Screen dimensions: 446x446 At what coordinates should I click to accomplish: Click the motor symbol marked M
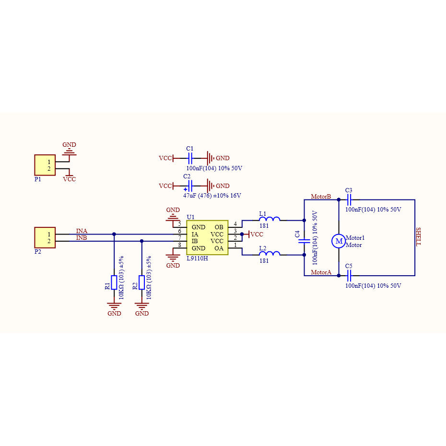[339, 241]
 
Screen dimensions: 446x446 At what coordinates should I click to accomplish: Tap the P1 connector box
[45, 165]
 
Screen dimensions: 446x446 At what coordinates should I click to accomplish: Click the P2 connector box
[45, 237]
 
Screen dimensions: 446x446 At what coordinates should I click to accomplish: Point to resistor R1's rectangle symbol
[114, 282]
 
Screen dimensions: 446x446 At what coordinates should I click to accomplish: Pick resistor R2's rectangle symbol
[141, 282]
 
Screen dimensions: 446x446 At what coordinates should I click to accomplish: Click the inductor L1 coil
[269, 219]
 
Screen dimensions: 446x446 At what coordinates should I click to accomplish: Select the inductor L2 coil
[269, 253]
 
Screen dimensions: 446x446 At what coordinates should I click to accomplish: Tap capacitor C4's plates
[304, 241]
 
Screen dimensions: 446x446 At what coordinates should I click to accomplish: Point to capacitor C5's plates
[349, 276]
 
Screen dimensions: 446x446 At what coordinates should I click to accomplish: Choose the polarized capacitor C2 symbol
[190, 186]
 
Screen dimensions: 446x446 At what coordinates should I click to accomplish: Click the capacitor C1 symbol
[190, 158]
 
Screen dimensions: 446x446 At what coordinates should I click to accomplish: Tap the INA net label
[82, 231]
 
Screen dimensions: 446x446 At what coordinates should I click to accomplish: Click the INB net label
[82, 238]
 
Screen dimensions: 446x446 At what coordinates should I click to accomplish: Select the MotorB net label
[321, 197]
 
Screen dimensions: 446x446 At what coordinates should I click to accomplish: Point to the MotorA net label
[321, 272]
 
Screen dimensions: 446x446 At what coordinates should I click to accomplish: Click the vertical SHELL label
[418, 236]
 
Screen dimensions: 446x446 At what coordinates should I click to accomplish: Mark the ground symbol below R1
[114, 305]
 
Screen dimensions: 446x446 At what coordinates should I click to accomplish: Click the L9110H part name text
[197, 258]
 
